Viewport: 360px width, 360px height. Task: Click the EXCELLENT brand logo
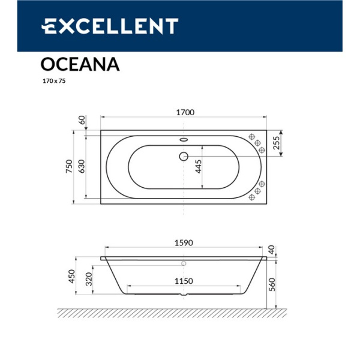click(110, 26)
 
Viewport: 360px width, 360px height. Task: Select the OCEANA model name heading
click(80, 64)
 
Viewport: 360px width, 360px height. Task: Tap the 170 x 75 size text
click(53, 80)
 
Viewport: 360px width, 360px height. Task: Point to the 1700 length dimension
click(184, 112)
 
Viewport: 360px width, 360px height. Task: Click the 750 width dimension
click(69, 166)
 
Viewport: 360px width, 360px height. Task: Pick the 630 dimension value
click(82, 166)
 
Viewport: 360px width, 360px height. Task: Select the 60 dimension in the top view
click(82, 119)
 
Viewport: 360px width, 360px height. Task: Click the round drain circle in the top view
click(184, 157)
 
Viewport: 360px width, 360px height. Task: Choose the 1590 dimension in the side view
click(183, 242)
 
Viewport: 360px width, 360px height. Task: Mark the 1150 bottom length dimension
click(183, 281)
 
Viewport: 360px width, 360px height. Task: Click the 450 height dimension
click(71, 277)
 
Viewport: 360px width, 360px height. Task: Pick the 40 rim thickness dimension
click(271, 250)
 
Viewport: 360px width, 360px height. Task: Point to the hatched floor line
click(171, 312)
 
